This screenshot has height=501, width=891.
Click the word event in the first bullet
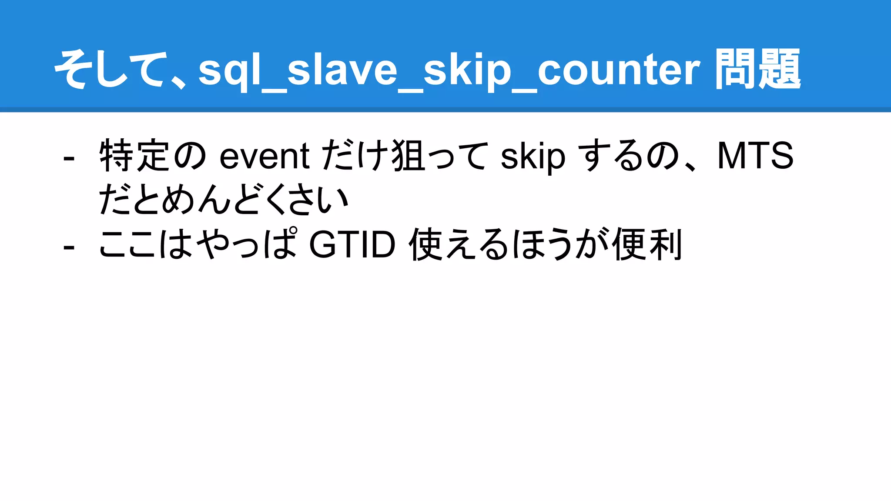point(264,156)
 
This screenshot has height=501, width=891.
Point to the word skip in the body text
point(533,157)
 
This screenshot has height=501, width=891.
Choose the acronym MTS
point(755,156)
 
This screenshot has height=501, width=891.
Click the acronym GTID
point(352,244)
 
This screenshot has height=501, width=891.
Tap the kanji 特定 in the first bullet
point(134,156)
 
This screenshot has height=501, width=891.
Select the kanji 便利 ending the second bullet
point(647,244)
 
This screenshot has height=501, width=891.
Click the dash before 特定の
point(69,158)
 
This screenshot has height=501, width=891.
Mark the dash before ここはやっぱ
point(69,247)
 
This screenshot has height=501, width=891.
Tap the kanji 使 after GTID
point(426,244)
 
